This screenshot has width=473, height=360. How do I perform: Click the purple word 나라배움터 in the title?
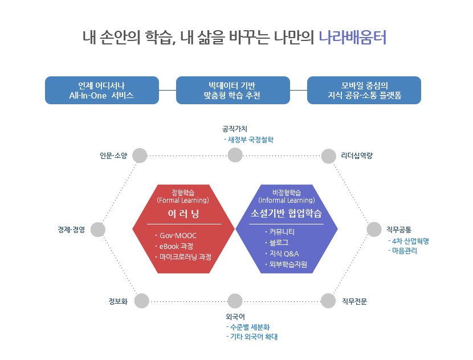coord(353,38)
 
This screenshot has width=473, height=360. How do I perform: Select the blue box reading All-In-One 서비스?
coord(101,90)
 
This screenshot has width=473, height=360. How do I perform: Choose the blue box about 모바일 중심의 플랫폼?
coord(364,90)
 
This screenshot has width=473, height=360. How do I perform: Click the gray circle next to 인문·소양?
coord(140,155)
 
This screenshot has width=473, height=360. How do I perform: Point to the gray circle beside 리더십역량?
coord(329,156)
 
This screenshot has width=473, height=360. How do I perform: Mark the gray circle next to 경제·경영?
coord(98,230)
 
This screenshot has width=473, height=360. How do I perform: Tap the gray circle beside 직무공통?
coord(374,229)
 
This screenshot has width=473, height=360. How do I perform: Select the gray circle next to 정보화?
coord(142,301)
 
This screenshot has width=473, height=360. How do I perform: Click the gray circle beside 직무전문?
coord(328,301)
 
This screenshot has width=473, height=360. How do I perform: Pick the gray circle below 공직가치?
coord(235,155)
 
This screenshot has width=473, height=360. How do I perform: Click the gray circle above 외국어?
coord(235,301)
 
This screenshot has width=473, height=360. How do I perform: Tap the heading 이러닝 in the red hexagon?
coord(184,214)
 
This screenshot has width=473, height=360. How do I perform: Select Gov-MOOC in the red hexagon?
coord(177,235)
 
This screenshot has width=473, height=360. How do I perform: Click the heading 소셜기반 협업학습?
coord(287,214)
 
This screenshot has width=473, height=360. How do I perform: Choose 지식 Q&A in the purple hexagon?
coord(284,253)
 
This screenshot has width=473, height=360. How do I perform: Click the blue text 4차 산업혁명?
coord(410,241)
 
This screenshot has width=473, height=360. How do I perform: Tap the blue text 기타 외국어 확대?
coord(254,337)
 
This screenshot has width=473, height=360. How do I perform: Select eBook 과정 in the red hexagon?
coord(176,246)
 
